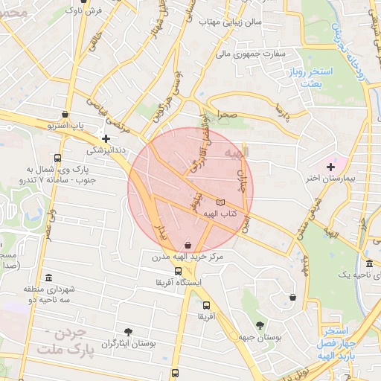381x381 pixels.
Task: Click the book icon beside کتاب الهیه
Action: point(220,202)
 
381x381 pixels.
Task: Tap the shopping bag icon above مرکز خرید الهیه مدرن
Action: point(187,244)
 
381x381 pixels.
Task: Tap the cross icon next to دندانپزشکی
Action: point(106,138)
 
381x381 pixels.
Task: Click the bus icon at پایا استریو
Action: point(65,115)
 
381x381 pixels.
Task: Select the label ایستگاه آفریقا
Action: point(181,284)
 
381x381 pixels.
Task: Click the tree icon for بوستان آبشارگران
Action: point(129,331)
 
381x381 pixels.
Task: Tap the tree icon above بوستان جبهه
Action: point(260,324)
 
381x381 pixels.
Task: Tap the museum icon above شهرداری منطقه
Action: point(49,277)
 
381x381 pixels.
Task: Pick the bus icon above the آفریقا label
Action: point(205,305)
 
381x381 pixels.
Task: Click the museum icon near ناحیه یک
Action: point(370,264)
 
